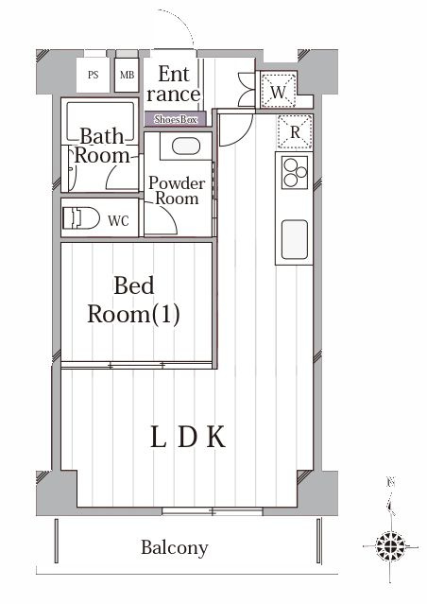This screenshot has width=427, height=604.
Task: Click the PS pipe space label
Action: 94,75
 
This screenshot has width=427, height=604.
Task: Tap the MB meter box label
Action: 127,75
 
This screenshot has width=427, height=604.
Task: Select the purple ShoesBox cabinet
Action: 175,119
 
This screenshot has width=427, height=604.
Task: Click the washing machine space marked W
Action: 279,92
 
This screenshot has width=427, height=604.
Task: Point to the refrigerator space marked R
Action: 295,132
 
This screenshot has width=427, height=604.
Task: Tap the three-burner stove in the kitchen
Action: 295,172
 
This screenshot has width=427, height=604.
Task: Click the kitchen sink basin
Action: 295,239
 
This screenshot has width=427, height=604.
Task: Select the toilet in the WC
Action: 81,218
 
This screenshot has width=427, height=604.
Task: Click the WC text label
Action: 118,221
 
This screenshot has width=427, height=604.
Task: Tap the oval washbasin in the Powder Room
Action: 186,147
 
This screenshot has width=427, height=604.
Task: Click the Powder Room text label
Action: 177,191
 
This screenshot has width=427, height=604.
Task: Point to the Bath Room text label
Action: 102,146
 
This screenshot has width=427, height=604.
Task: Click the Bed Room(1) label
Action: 133,300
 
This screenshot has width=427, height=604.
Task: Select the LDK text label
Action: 187,437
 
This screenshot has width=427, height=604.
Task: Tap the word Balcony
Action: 175,548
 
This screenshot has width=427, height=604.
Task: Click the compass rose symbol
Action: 390,546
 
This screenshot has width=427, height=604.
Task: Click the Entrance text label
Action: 174,84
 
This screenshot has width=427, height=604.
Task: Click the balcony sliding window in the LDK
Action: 213,511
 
